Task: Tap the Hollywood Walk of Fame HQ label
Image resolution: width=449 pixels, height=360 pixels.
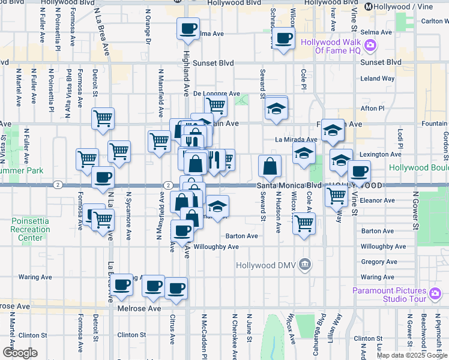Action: point(331,46)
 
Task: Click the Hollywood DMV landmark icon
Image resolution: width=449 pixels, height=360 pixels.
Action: point(305,264)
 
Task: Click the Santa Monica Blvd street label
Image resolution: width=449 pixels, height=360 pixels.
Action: point(289,186)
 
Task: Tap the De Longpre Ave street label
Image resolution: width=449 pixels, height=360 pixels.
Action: point(216,94)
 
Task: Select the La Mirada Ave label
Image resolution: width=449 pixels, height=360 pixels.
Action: point(295,139)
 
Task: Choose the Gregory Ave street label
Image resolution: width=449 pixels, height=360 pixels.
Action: point(378,262)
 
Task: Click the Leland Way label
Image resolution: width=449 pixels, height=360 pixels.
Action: point(377,78)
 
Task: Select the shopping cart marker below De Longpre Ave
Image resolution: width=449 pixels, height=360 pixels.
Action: point(215,106)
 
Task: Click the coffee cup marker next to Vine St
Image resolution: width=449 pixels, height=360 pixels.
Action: point(359,171)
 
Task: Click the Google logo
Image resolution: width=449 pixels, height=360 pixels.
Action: point(20,353)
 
